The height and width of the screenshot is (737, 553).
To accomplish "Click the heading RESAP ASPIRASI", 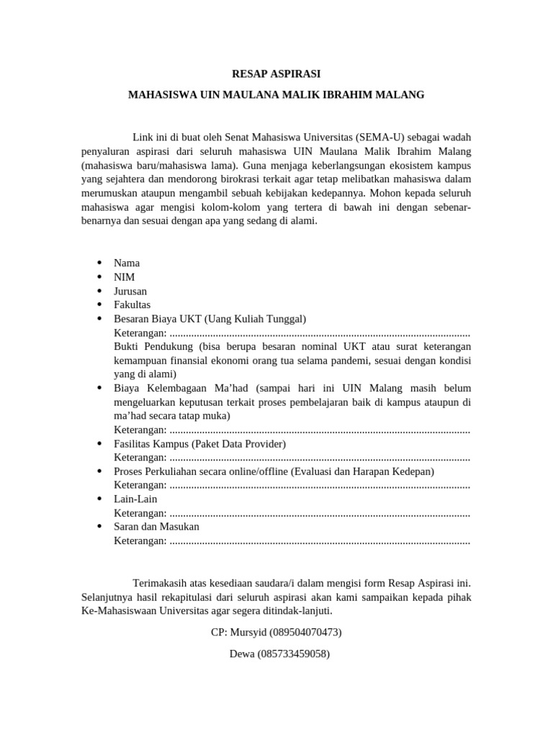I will point(276,73).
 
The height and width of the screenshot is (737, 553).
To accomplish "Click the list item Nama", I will point(127,263).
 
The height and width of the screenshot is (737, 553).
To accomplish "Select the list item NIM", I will point(124,277).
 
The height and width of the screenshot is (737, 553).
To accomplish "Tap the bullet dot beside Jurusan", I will point(98,291).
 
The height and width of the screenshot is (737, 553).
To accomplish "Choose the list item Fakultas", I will point(132,305).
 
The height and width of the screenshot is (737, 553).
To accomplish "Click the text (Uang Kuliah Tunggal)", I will point(256,319).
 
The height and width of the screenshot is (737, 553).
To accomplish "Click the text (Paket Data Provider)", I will point(238,444).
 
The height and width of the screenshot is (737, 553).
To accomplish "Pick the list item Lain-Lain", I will point(135,499).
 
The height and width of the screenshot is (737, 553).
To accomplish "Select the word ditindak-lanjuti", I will point(296,611).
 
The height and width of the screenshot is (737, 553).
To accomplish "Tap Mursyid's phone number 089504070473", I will point(305,633).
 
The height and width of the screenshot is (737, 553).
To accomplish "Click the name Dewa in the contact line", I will point(243,654).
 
